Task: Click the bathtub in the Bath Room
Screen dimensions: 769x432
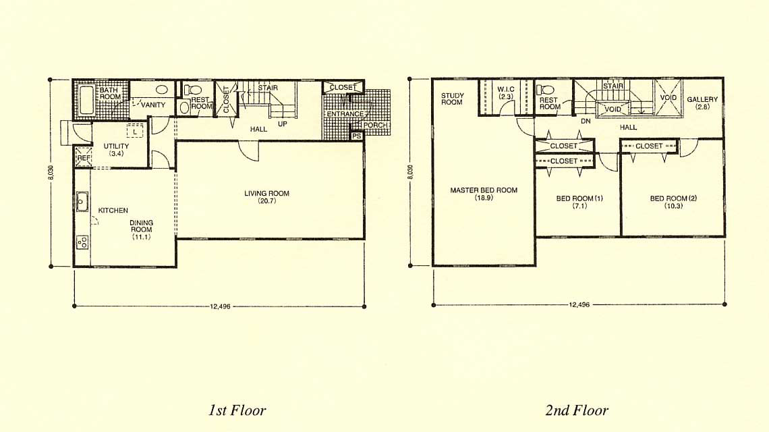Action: tap(86, 101)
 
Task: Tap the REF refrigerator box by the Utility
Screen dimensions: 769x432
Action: tap(83, 157)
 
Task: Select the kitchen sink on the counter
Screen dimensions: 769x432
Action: tap(82, 201)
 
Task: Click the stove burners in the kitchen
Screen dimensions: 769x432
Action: tap(82, 242)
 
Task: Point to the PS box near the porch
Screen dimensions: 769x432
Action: tap(357, 136)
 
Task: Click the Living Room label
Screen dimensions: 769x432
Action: tap(267, 194)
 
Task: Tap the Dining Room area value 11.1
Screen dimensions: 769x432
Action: tap(141, 237)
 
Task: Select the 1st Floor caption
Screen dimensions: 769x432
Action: tap(237, 410)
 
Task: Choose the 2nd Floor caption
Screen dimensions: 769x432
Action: tap(577, 410)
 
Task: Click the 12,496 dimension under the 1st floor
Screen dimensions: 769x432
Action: tap(220, 306)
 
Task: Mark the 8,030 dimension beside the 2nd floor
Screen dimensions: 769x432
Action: tap(410, 171)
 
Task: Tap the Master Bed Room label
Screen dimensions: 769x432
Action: tap(484, 190)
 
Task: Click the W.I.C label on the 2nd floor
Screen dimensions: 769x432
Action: tap(506, 89)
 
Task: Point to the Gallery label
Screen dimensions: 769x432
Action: tap(702, 99)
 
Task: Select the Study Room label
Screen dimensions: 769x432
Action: tap(452, 99)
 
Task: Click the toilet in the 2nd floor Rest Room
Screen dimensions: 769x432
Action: tap(544, 90)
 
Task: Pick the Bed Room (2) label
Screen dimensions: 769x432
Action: tap(673, 198)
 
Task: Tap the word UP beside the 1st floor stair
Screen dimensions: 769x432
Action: tap(283, 124)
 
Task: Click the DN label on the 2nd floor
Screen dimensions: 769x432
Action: tap(586, 122)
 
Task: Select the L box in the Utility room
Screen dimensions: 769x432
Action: tap(135, 131)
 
